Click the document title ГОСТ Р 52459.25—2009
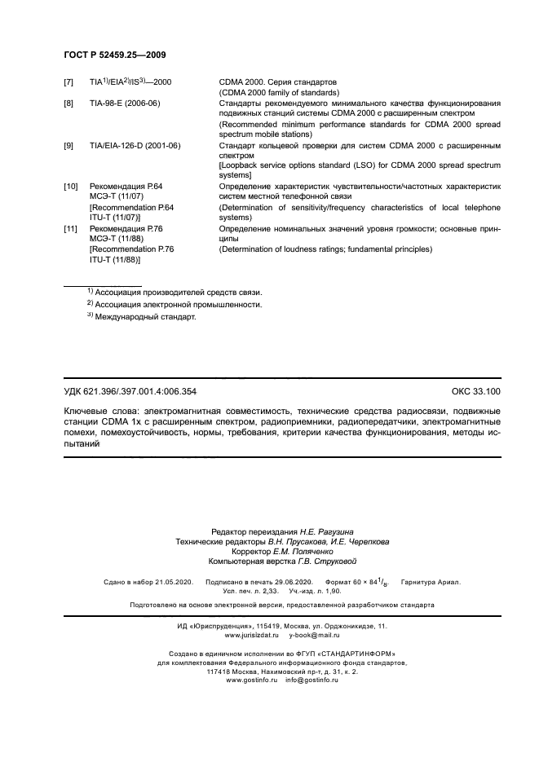pyautogui.click(x=115, y=55)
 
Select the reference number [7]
pyautogui.click(x=68, y=83)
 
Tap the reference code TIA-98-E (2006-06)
pyautogui.click(x=124, y=104)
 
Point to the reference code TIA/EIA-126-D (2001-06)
pyautogui.click(x=135, y=145)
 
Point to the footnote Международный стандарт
pyautogui.click(x=145, y=317)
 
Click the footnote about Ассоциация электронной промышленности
pyautogui.click(x=178, y=304)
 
